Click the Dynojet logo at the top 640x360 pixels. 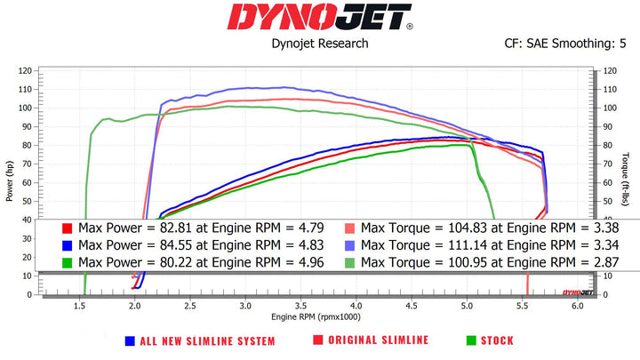[x=319, y=17]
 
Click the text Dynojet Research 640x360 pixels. [x=319, y=42]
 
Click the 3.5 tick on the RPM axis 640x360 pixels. [x=300, y=305]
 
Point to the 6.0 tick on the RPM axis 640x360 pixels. [x=577, y=305]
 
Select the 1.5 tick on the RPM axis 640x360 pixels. [x=80, y=305]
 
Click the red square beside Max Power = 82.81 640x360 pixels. [x=66, y=228]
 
